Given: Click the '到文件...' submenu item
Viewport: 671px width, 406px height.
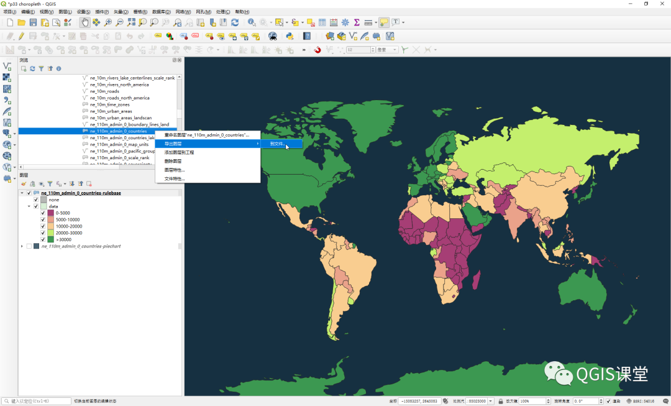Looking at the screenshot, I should click(277, 144).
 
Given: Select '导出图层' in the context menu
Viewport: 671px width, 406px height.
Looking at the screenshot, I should click(173, 144).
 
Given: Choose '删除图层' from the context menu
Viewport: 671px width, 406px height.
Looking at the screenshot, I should click(173, 161).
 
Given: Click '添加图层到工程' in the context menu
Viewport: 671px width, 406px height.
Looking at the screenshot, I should click(180, 152).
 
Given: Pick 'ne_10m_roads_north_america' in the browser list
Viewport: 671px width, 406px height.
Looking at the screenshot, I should click(119, 98).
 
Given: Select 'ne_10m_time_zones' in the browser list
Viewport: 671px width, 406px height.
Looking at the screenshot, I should click(109, 104).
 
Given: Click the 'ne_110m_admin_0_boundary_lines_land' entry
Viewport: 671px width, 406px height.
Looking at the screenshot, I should click(129, 124).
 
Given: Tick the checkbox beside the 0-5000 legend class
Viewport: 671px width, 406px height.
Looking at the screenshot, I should click(43, 213).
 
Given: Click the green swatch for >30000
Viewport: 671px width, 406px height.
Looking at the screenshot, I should click(51, 239).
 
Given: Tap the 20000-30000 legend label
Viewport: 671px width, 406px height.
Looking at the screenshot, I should click(68, 233).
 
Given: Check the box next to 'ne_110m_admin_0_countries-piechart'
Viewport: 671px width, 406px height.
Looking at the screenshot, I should click(29, 246).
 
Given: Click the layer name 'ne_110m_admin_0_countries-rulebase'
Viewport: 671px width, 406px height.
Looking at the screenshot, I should click(81, 193).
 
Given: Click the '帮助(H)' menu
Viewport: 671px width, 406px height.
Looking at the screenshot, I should click(242, 12).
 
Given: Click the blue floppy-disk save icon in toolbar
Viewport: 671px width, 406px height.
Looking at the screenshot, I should click(34, 22).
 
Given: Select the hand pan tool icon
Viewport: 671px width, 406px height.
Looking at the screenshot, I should click(84, 22).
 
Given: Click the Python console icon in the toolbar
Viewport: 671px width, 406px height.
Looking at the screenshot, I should click(290, 36).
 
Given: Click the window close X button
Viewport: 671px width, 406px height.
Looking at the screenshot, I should click(661, 4).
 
